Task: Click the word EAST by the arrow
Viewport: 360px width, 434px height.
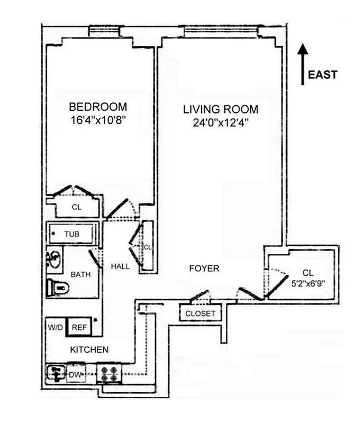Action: (323, 75)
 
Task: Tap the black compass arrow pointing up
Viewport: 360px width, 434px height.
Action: (304, 64)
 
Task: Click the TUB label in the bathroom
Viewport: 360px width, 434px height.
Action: (72, 234)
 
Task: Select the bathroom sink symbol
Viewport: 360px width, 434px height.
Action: (54, 259)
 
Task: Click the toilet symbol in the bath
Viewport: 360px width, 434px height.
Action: (56, 287)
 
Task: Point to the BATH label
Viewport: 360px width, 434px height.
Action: (80, 275)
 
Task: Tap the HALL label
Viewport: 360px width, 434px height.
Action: (120, 266)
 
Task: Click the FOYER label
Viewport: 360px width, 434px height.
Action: (204, 269)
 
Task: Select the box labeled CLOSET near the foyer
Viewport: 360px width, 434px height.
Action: (200, 314)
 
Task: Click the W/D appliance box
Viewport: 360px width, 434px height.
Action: (55, 327)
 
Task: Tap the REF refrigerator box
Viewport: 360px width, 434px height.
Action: (79, 327)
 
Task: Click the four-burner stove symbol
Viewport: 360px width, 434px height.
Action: (109, 374)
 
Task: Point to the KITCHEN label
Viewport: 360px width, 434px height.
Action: (89, 350)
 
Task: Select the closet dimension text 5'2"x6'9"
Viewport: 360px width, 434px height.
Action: (307, 282)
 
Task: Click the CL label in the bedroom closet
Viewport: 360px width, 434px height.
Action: (77, 207)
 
